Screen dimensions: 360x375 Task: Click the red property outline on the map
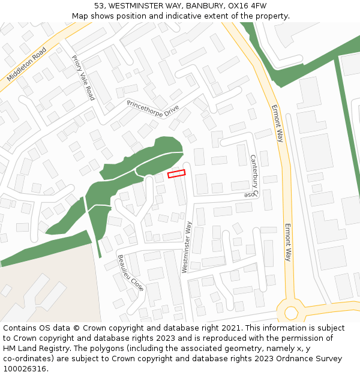pyautogui.click(x=176, y=173)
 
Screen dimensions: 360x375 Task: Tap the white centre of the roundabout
pyautogui.click(x=292, y=313)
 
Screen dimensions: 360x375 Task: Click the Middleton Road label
pyautogui.click(x=27, y=65)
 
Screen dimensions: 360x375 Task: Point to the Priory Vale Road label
pyautogui.click(x=83, y=77)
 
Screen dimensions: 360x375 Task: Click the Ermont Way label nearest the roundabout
pyautogui.click(x=288, y=242)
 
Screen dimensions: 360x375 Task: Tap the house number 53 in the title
pyautogui.click(x=99, y=6)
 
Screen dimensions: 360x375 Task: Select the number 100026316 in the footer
pyautogui.click(x=25, y=369)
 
